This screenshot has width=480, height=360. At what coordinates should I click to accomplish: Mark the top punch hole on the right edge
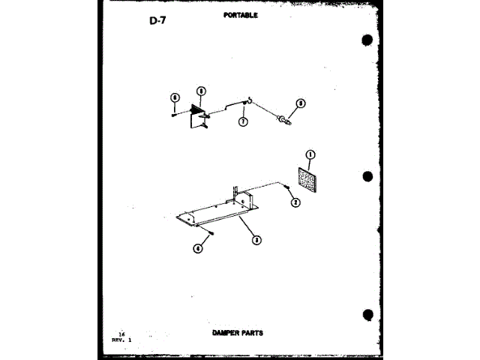click(x=367, y=39)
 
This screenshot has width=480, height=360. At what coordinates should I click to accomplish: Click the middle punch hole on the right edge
click(x=367, y=177)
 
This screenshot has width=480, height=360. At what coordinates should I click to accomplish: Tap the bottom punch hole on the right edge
click(x=367, y=313)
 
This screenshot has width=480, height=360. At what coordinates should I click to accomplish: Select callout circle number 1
click(x=310, y=155)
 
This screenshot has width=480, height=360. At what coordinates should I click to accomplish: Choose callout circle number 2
click(x=296, y=202)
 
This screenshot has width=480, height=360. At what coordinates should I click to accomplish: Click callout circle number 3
click(x=256, y=240)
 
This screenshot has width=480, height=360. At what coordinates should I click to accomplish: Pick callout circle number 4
click(x=197, y=249)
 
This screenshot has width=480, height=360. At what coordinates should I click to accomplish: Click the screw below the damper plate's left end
click(x=212, y=233)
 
